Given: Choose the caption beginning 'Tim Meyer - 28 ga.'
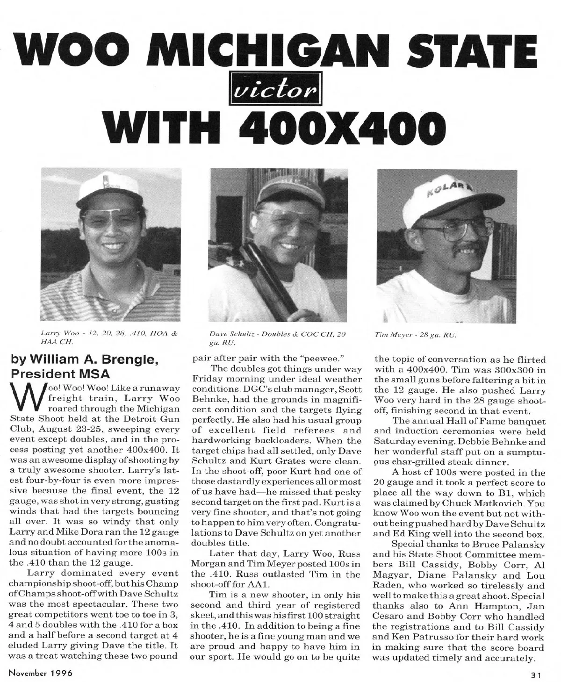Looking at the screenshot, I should coord(415,335).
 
